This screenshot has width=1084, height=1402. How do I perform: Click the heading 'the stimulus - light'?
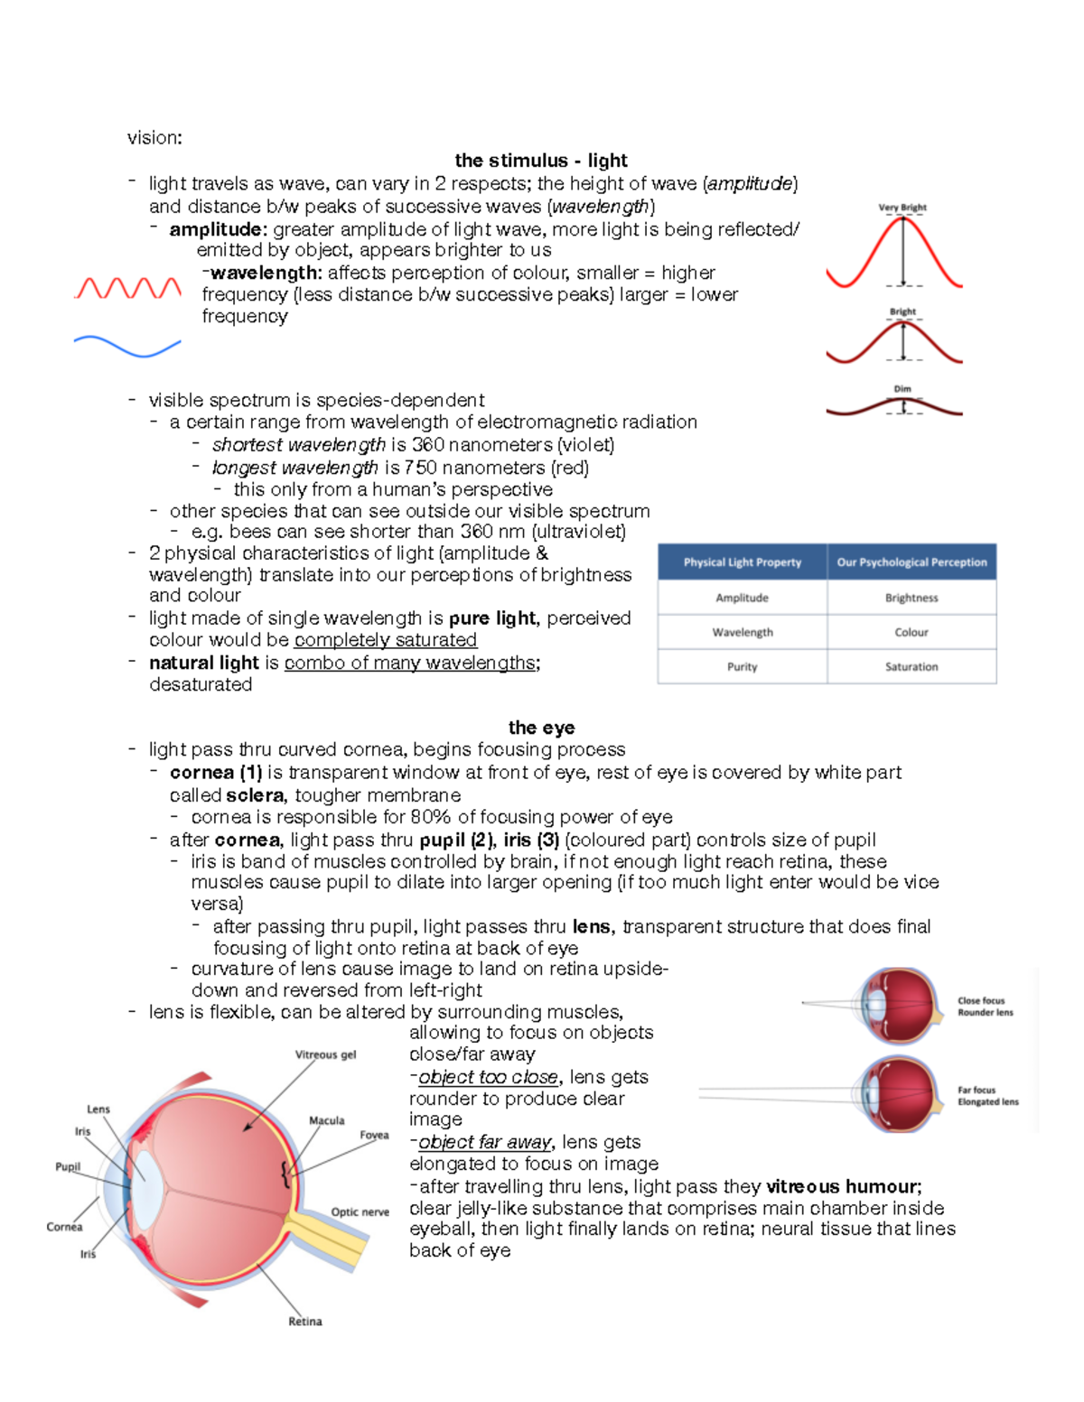click(x=540, y=161)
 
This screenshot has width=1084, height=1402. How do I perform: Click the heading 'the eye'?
click(x=541, y=728)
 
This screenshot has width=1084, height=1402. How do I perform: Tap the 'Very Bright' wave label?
click(x=902, y=208)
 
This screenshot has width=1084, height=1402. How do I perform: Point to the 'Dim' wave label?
click(x=902, y=389)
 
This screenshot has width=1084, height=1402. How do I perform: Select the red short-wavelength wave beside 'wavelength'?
click(x=127, y=288)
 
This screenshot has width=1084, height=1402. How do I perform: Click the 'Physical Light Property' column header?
click(x=742, y=562)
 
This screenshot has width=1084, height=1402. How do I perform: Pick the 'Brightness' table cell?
click(x=911, y=598)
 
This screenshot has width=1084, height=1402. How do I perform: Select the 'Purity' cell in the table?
click(x=742, y=666)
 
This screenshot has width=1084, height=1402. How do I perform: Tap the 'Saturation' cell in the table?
click(x=911, y=666)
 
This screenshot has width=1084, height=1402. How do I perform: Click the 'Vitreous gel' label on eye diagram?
click(x=325, y=1054)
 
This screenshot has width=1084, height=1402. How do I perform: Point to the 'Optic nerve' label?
click(x=360, y=1212)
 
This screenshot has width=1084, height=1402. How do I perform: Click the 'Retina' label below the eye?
click(x=305, y=1322)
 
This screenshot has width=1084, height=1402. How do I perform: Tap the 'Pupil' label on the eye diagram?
click(x=68, y=1166)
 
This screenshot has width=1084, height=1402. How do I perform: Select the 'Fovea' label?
click(x=374, y=1136)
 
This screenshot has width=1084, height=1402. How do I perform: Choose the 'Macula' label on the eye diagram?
click(x=326, y=1120)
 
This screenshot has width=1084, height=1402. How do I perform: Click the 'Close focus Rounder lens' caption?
click(x=985, y=1007)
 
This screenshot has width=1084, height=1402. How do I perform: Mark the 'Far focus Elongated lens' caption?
click(x=987, y=1096)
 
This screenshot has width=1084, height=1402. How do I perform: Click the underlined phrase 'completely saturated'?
click(x=385, y=640)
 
